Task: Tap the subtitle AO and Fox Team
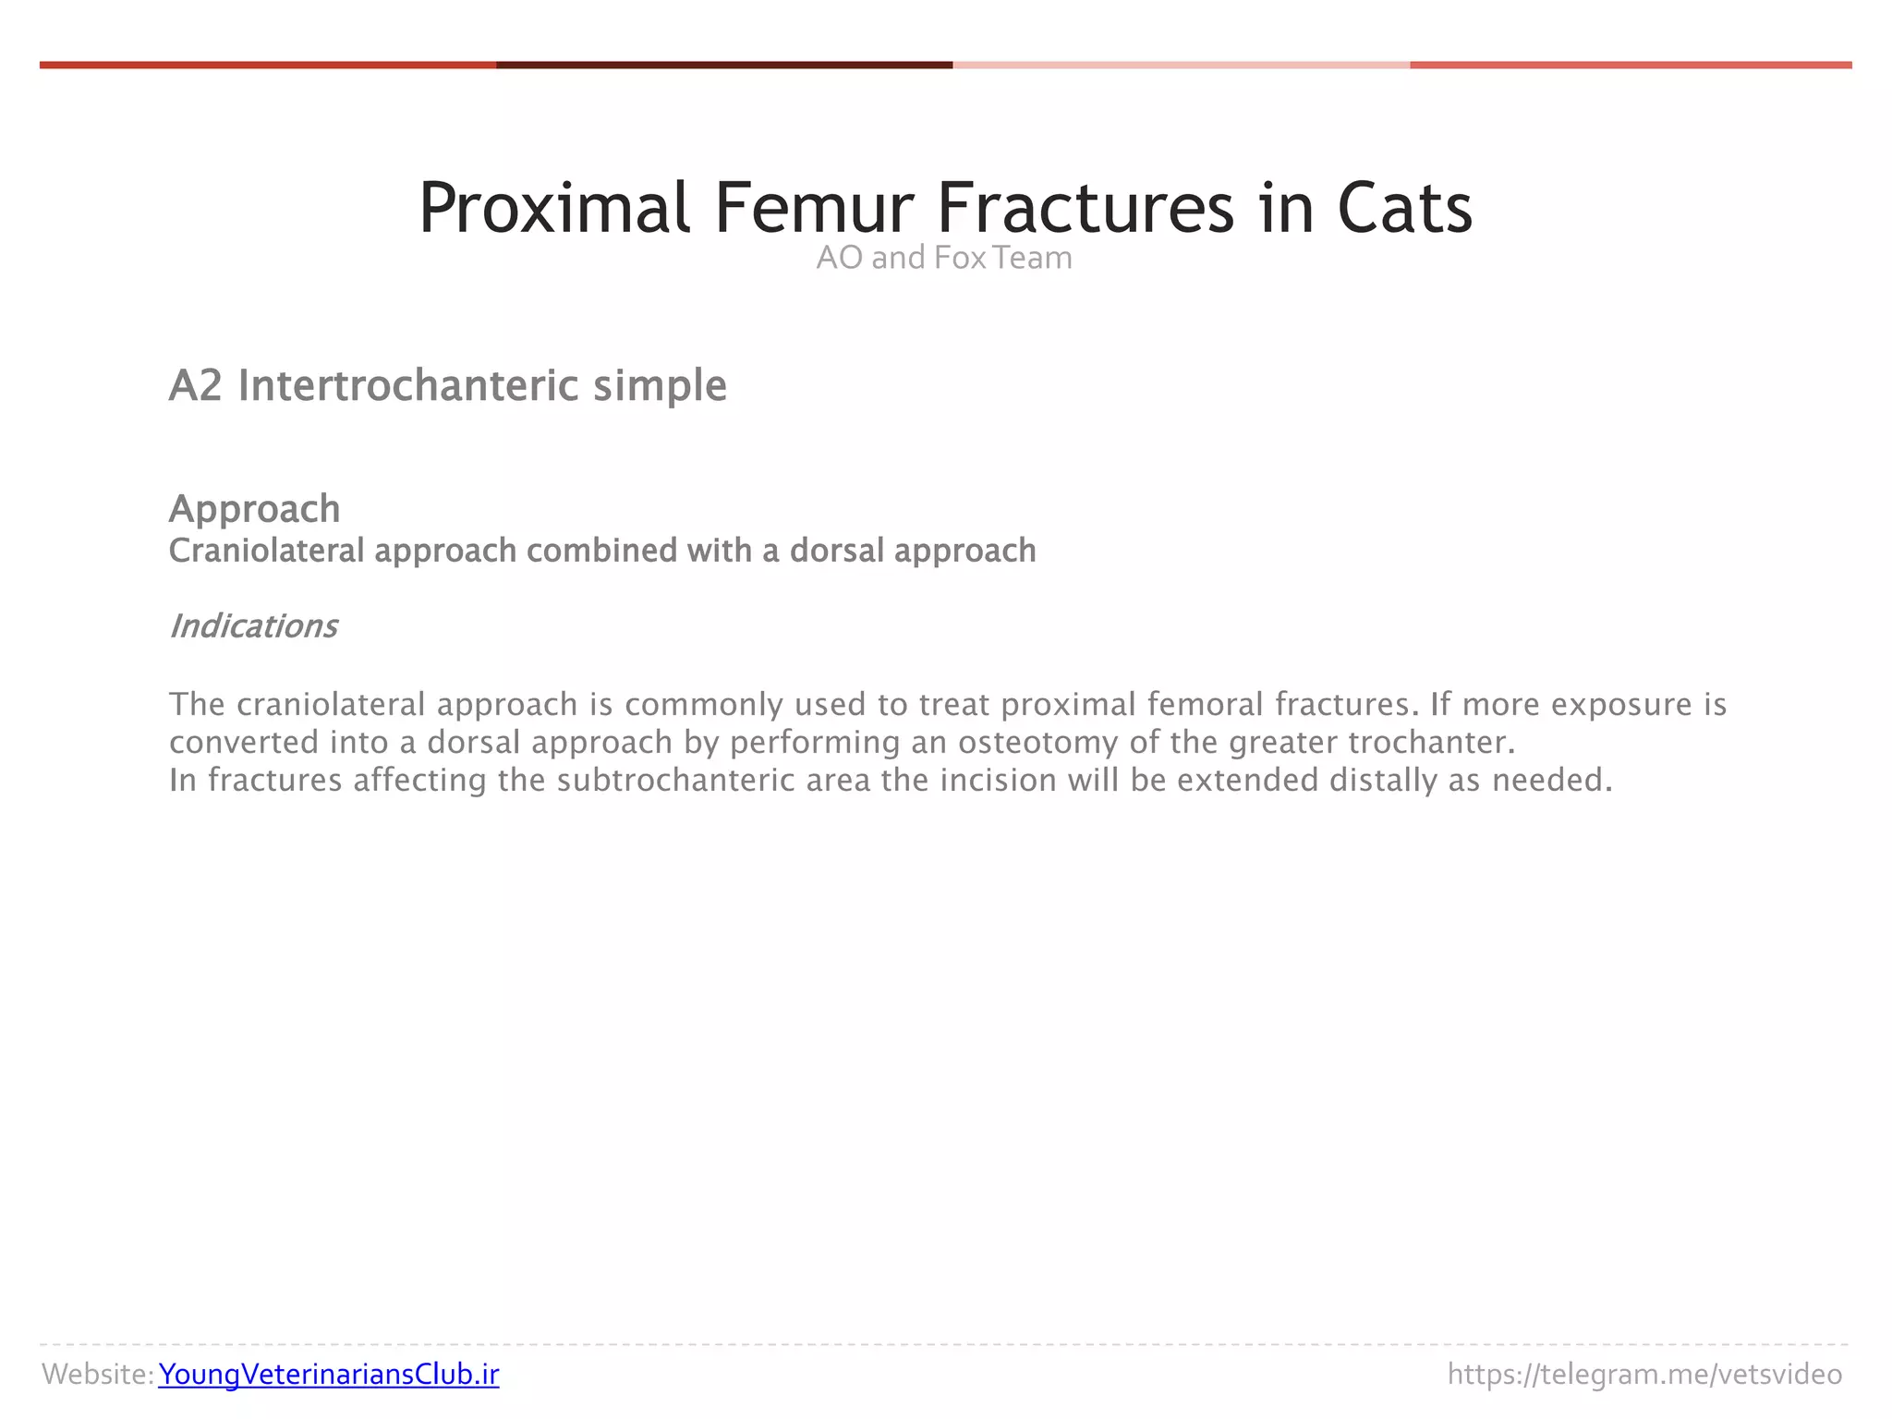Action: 944,258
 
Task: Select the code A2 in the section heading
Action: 196,385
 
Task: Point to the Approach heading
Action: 255,509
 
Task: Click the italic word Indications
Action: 254,626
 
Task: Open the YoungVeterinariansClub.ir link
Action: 329,1375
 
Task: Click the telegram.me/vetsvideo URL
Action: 1644,1375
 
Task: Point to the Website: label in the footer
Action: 98,1375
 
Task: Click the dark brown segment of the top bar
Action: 724,66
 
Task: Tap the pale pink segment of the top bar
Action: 1181,66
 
